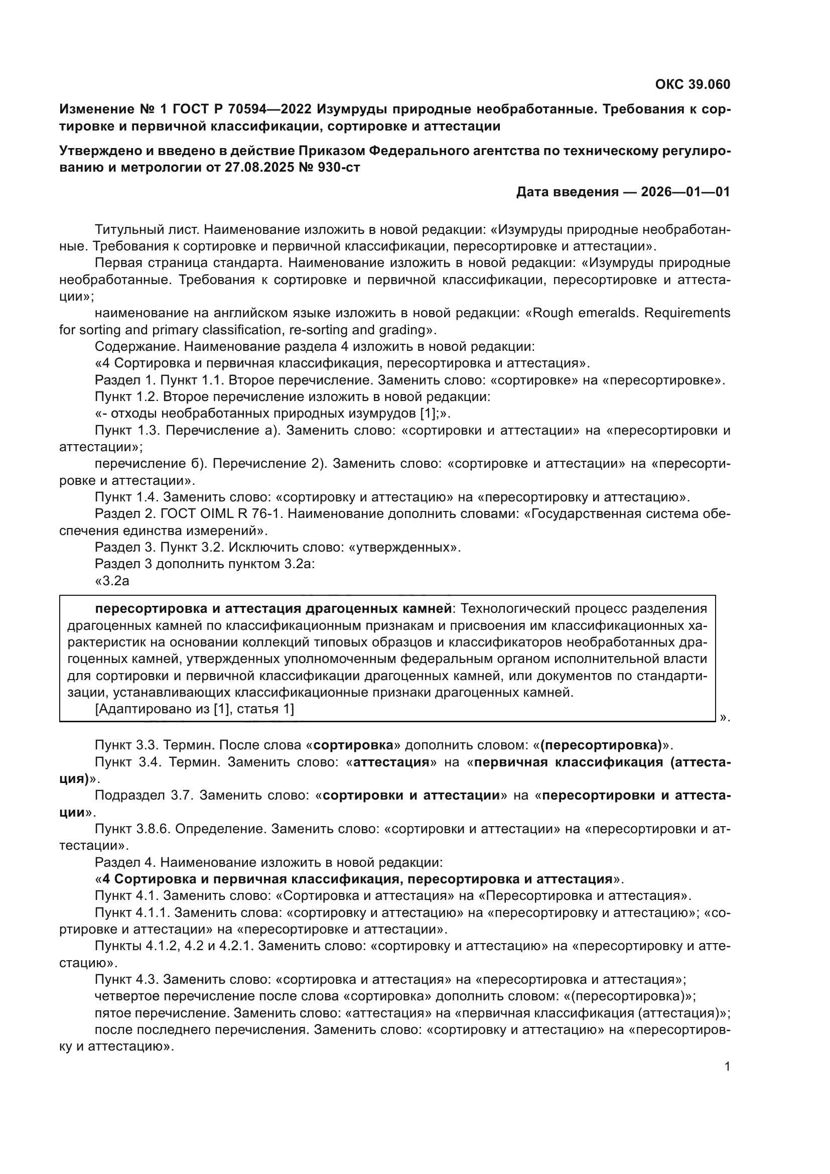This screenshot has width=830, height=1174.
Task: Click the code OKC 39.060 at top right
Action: point(693,85)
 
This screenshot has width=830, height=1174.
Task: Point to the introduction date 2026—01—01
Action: point(685,192)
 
